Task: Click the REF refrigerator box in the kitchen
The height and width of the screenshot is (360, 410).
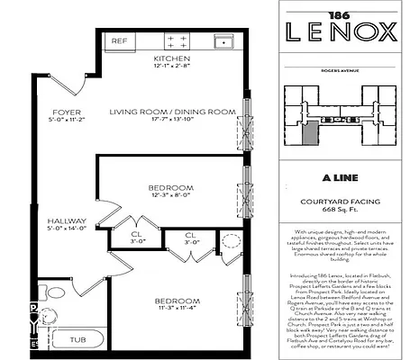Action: pos(119,40)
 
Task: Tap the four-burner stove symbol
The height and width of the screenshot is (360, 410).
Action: pos(177,42)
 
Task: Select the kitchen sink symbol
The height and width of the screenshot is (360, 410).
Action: pos(222,41)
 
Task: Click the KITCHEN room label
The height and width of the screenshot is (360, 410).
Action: pos(173,57)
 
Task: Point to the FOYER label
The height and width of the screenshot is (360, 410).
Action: pos(66,112)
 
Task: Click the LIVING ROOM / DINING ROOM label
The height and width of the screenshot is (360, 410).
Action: pos(173,112)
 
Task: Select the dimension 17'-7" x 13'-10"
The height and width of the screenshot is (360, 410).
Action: pos(173,121)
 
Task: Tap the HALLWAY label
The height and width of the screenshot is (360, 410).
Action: pos(66,220)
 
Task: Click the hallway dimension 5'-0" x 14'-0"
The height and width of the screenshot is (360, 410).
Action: pos(66,229)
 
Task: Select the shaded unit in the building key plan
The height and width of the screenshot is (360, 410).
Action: pos(310,132)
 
